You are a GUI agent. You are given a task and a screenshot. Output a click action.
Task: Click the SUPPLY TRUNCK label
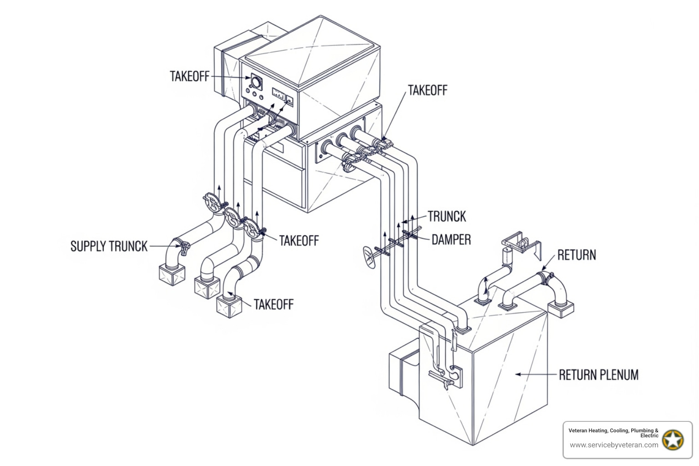pos(109,246)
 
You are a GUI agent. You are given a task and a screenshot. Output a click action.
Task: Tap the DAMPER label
pos(451,239)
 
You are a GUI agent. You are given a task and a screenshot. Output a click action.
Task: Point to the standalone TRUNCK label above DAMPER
pos(446,216)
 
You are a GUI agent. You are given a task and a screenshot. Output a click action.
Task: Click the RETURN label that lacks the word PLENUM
pos(577,255)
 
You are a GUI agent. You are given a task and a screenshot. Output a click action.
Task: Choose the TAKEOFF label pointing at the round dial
pos(189,76)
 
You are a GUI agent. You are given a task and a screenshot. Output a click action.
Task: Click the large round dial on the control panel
pos(256,82)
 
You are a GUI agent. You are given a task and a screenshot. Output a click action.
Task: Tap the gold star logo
pos(673,440)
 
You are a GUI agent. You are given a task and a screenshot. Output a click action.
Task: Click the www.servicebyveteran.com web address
pos(614,445)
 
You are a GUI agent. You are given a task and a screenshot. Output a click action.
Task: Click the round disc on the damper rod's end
pos(369,257)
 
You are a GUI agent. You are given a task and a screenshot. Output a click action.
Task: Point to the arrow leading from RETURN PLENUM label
pos(536,374)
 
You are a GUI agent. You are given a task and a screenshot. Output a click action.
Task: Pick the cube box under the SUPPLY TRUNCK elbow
pos(172,275)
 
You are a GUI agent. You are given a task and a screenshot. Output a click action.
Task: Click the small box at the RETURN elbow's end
pos(561,309)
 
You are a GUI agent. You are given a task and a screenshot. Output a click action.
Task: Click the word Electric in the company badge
pos(649,436)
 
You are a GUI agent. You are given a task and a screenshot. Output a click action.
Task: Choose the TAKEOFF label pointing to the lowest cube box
pos(274,304)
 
